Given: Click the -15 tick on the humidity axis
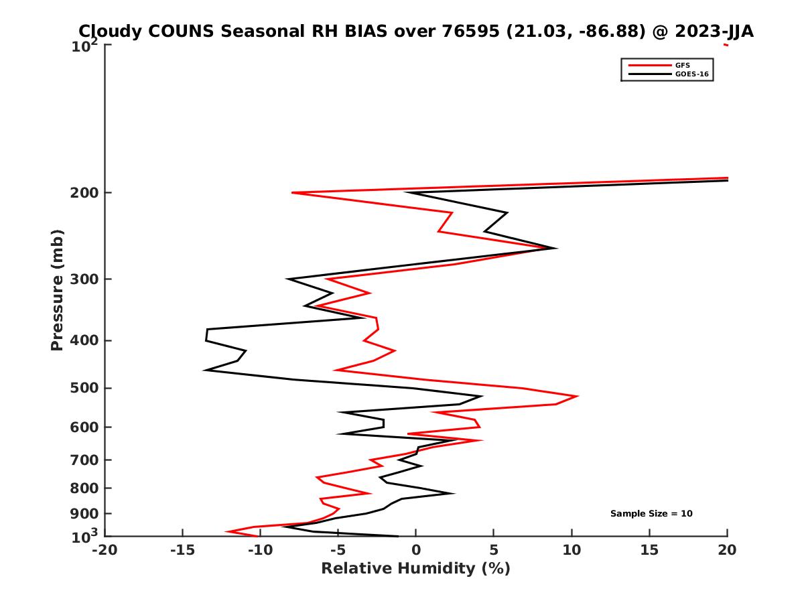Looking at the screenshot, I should point(182,551).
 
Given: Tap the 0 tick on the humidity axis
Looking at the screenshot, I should point(416,551).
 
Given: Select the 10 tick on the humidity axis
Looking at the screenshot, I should point(572,551).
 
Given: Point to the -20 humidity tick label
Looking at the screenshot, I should point(105,551).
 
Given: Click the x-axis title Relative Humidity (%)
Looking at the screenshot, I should point(415,569).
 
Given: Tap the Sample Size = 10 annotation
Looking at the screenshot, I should point(651,514).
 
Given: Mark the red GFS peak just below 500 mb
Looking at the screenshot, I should point(578,397).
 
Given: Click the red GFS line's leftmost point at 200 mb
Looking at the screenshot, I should point(293,193).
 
